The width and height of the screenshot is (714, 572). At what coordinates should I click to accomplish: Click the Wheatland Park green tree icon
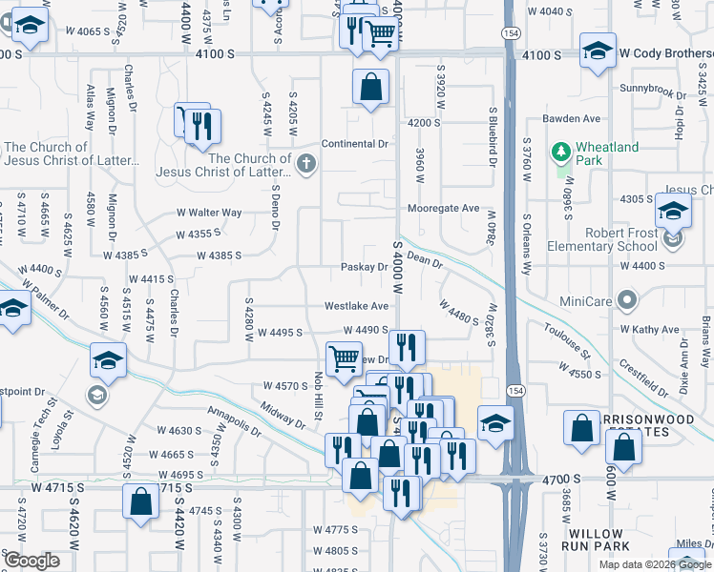[560, 152]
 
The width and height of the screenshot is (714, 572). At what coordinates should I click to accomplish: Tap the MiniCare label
[586, 301]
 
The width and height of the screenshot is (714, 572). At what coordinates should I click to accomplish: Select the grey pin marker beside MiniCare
[626, 301]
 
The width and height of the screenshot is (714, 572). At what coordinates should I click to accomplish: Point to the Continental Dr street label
[355, 144]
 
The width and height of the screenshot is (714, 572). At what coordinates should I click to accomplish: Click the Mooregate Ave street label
[443, 208]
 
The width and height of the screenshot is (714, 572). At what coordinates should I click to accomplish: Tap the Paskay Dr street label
[364, 267]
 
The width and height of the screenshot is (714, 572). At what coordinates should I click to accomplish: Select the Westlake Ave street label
[356, 306]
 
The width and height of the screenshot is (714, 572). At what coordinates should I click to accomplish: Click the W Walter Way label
[209, 213]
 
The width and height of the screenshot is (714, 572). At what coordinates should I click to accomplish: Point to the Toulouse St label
[568, 340]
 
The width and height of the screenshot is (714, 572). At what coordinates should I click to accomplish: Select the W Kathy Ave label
[649, 330]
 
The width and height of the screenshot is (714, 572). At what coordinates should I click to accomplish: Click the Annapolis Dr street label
[226, 420]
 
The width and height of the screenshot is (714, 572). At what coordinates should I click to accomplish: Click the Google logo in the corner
[31, 561]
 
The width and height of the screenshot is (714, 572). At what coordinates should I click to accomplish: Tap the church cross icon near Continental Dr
[305, 164]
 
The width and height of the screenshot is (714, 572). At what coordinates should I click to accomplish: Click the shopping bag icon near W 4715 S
[140, 501]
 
